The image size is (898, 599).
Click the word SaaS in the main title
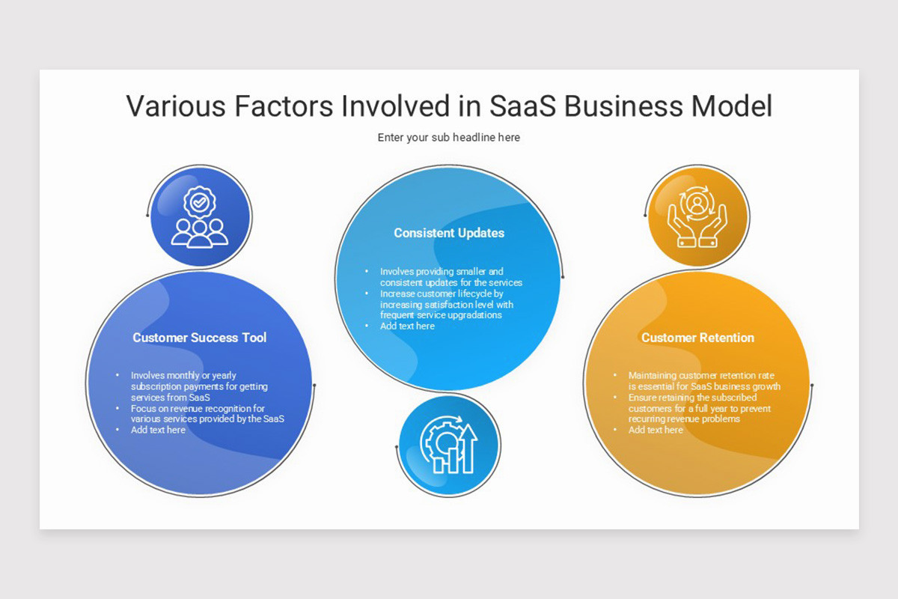pyautogui.click(x=522, y=106)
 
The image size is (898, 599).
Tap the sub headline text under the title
pyautogui.click(x=448, y=138)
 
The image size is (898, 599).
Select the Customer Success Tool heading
pyautogui.click(x=199, y=338)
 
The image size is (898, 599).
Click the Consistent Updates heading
pyautogui.click(x=449, y=233)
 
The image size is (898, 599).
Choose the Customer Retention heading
pyautogui.click(x=697, y=338)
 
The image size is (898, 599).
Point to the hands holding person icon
pyautogui.click(x=697, y=217)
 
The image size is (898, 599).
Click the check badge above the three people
pyautogui.click(x=199, y=202)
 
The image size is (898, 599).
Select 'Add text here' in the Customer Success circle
pyautogui.click(x=158, y=431)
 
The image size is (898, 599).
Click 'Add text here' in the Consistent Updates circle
pyautogui.click(x=407, y=326)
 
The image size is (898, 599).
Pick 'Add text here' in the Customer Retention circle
pyautogui.click(x=656, y=431)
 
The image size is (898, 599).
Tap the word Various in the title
pyautogui.click(x=175, y=106)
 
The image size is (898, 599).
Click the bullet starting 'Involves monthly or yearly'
pyautogui.click(x=199, y=386)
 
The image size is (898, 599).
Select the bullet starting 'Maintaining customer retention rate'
pyautogui.click(x=703, y=381)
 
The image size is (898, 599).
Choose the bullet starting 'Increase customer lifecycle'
pyautogui.click(x=447, y=305)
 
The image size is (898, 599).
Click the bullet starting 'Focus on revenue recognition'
pyautogui.click(x=207, y=414)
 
